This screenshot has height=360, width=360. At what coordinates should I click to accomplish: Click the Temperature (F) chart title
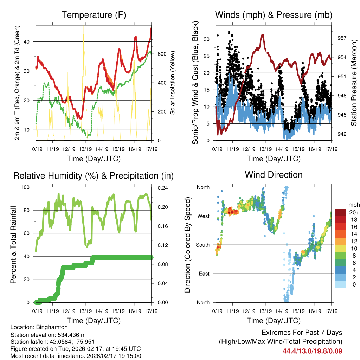tap(94, 15)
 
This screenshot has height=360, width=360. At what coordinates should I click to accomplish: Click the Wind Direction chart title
tap(274, 175)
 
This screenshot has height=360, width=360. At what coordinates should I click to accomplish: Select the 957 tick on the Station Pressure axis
tap(342, 38)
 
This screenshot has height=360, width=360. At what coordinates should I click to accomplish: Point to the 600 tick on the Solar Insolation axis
tap(161, 54)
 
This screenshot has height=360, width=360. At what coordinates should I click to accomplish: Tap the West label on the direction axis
tap(203, 216)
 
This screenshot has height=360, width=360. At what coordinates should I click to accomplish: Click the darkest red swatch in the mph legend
tap(340, 212)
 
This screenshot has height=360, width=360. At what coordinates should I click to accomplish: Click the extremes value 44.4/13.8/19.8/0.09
tap(312, 351)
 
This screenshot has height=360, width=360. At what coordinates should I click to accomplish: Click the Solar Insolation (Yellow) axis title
tap(173, 83)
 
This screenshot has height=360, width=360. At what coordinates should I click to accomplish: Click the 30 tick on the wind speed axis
tap(207, 39)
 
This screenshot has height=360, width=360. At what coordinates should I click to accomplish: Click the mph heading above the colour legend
tap(353, 205)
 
